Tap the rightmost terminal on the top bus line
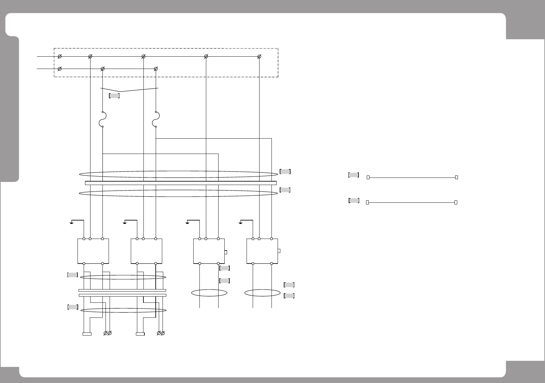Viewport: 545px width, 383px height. (x=259, y=56)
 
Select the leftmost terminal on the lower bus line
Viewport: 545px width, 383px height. (x=59, y=69)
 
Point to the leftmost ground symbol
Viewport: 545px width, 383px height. (x=72, y=223)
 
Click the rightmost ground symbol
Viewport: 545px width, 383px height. (x=241, y=223)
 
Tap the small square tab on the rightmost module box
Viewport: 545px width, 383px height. (x=279, y=251)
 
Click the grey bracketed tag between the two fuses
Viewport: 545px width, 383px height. (x=114, y=96)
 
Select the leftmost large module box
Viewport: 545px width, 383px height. (x=93, y=251)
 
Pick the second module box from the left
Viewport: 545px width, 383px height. (x=146, y=251)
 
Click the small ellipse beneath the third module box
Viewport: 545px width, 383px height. (x=209, y=293)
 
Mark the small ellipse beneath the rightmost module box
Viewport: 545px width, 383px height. (x=262, y=293)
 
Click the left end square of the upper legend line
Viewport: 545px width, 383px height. (x=368, y=178)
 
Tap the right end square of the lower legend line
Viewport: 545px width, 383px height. (x=456, y=202)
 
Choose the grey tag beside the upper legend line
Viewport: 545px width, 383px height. (x=353, y=175)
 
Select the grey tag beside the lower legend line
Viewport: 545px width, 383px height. (x=354, y=200)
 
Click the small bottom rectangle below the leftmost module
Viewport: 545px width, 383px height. (x=87, y=334)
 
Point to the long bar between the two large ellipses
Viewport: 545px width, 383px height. (x=181, y=183)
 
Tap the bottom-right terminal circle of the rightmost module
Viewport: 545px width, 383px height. (x=271, y=264)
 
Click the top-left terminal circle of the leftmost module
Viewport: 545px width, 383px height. (x=84, y=239)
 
